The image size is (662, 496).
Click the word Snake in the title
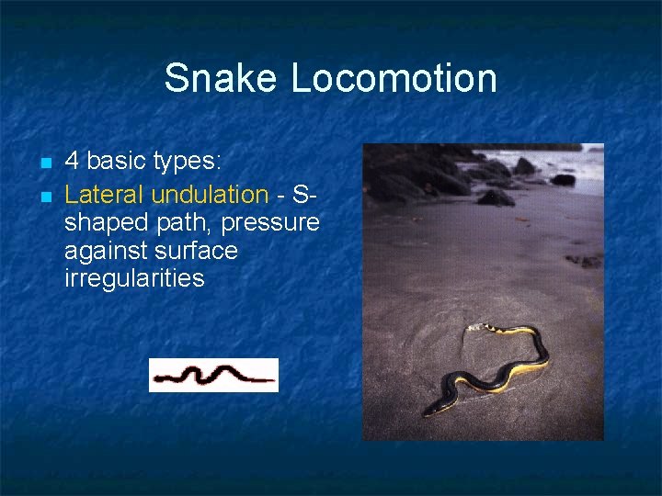[x=223, y=79]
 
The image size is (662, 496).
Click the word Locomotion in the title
[x=394, y=79]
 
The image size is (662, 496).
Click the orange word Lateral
[x=105, y=195]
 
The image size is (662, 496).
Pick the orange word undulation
[x=210, y=195]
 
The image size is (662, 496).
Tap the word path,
[x=183, y=223]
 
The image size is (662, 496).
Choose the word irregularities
[x=134, y=278]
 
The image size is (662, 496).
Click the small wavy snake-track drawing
[x=213, y=375]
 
